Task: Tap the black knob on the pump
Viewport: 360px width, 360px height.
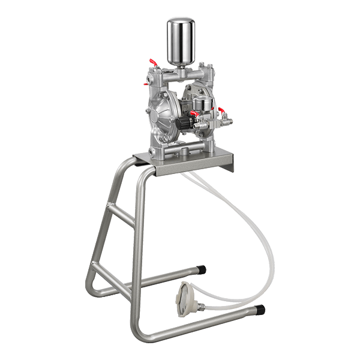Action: [x=180, y=123]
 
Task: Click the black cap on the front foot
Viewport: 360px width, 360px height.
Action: [x=259, y=310]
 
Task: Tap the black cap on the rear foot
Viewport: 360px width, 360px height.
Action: [x=202, y=271]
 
